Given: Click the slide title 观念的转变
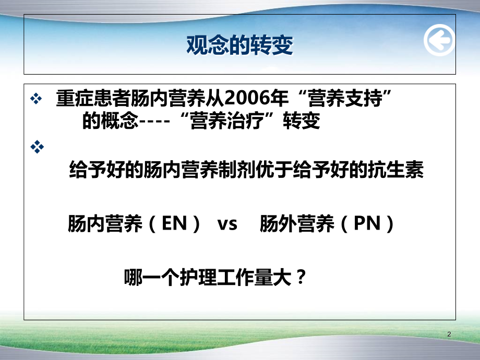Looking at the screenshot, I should pyautogui.click(x=239, y=45).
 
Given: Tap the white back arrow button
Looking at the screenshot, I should pyautogui.click(x=439, y=41).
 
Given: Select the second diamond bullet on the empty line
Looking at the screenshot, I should pyautogui.click(x=37, y=148).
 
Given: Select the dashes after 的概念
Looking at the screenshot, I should pyautogui.click(x=153, y=122).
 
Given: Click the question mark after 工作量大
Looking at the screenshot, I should pyautogui.click(x=299, y=276).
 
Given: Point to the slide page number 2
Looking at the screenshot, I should pyautogui.click(x=450, y=334).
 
